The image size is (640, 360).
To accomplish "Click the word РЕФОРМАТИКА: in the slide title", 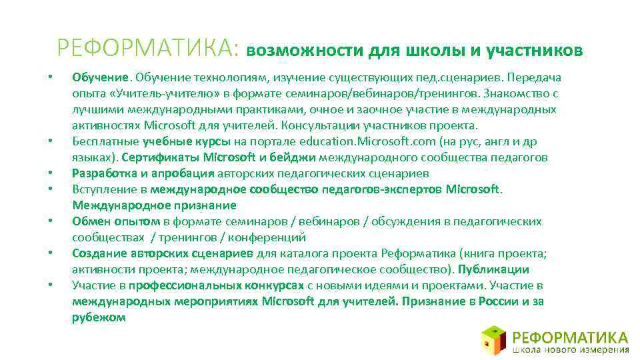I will (x=147, y=49).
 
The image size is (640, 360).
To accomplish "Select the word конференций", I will (x=270, y=237).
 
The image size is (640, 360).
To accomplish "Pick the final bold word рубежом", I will (x=99, y=317).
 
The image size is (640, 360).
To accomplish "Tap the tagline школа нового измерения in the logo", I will (x=571, y=349).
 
